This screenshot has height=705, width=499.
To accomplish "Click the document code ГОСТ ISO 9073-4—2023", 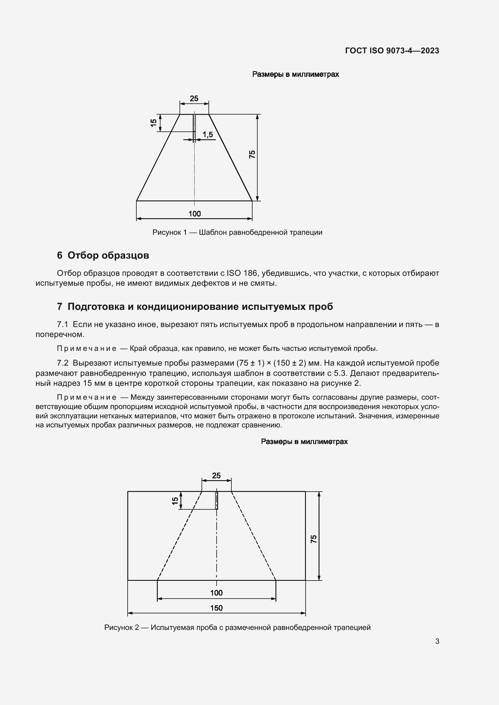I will pyautogui.click(x=392, y=51).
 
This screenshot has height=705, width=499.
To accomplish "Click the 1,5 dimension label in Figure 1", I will pyautogui.click(x=208, y=134).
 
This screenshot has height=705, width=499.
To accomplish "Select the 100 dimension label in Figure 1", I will pyautogui.click(x=195, y=214).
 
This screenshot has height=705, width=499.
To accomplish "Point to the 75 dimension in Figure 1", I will pyautogui.click(x=252, y=154).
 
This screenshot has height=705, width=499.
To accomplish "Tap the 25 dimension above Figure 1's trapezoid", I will pyautogui.click(x=194, y=99).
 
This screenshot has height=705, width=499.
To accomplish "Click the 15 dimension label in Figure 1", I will pyautogui.click(x=154, y=122).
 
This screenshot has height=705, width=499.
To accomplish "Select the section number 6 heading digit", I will pyautogui.click(x=60, y=255).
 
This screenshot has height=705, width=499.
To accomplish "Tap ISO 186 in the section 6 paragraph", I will pyautogui.click(x=242, y=273).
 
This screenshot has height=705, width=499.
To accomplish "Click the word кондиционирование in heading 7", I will pyautogui.click(x=187, y=307).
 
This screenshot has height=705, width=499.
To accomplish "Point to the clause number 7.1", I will pyautogui.click(x=63, y=324).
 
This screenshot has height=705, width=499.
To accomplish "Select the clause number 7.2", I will pyautogui.click(x=63, y=363).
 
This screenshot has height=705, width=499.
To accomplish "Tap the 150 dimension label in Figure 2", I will pyautogui.click(x=216, y=608).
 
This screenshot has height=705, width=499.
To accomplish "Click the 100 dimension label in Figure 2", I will pyautogui.click(x=216, y=593).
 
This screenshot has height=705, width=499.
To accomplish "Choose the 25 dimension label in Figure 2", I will pyautogui.click(x=216, y=476).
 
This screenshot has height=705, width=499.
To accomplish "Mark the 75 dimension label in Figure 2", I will pyautogui.click(x=314, y=539).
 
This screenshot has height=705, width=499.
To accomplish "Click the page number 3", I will pyautogui.click(x=437, y=641).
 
